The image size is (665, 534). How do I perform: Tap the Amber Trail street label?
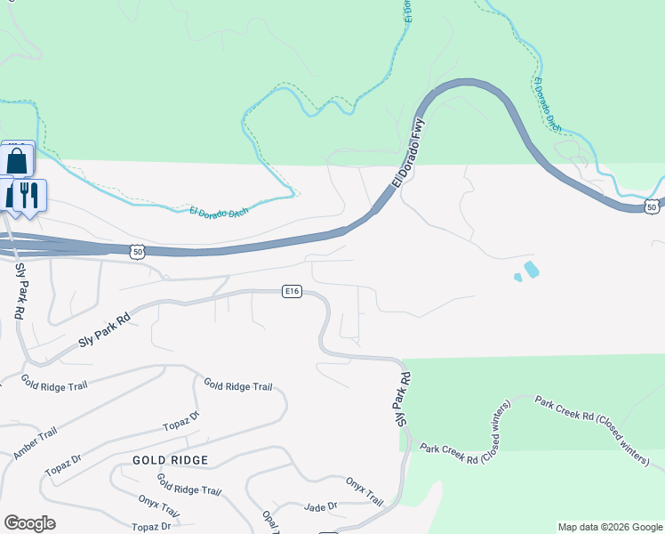[x=36, y=442]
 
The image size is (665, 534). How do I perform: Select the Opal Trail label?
[x=270, y=520]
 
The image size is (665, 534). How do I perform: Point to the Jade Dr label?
[x=320, y=506]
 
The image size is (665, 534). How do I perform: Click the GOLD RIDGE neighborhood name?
[x=170, y=460]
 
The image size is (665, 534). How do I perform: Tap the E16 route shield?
[x=292, y=290]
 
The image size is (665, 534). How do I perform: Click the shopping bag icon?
[x=17, y=161]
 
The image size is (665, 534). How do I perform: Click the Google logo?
[x=29, y=523]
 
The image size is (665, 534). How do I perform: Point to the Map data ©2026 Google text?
[x=609, y=528]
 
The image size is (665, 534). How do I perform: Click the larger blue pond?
[x=531, y=269]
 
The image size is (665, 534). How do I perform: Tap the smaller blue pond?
[x=518, y=279]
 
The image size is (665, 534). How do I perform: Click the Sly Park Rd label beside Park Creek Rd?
[x=405, y=397]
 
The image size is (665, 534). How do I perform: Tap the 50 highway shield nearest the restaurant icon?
[x=136, y=252]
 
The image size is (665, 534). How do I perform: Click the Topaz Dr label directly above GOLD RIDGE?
[x=181, y=423]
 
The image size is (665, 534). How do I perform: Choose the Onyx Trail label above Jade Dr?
[x=365, y=487]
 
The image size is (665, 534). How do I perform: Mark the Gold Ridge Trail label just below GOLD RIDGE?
[x=188, y=485]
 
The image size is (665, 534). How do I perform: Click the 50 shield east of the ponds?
[x=653, y=207]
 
